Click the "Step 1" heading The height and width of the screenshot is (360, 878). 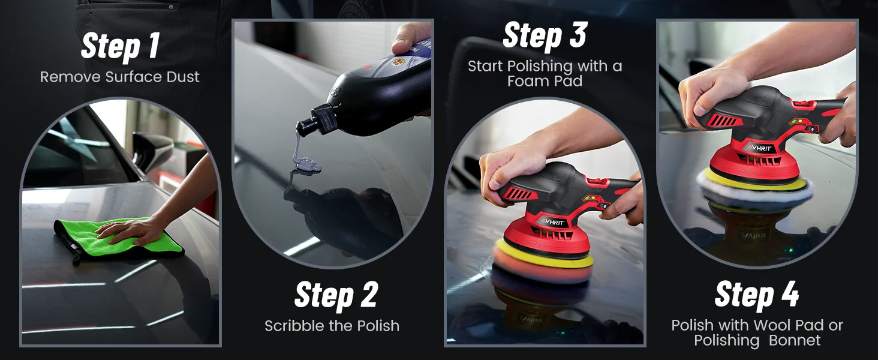tap(120, 46)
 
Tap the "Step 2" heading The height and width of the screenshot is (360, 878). tap(336, 295)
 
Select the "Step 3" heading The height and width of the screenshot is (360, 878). tap(544, 35)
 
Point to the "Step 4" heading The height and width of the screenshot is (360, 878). tap(757, 295)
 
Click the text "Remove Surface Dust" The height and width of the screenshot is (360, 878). tap(120, 77)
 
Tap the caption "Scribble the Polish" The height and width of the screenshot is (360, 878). tap(332, 326)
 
